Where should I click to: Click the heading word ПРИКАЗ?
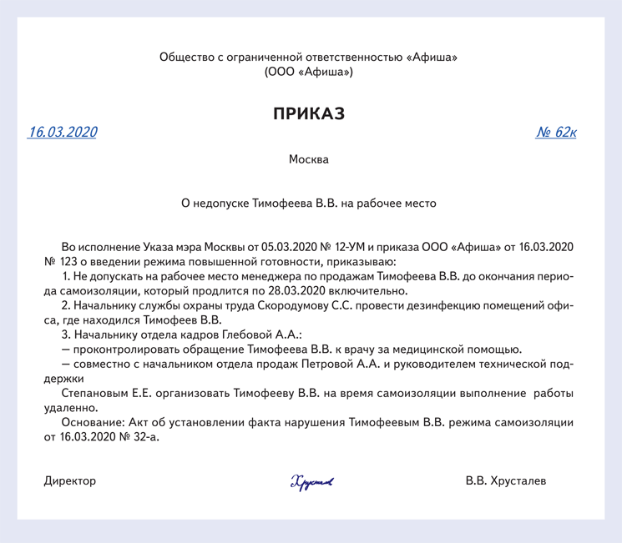pos(309,114)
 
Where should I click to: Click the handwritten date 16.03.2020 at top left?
pos(63,132)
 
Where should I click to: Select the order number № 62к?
pos(556,133)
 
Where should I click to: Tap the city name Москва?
pos(309,159)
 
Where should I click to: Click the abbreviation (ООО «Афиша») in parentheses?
pos(309,73)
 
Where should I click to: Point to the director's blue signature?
pos(311,481)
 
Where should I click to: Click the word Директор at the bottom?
pos(70,481)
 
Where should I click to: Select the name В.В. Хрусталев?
pos(507,481)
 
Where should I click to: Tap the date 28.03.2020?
pos(306,291)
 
